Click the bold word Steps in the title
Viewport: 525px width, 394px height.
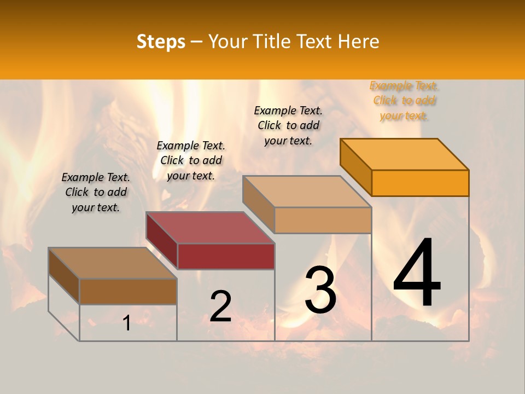click(161, 42)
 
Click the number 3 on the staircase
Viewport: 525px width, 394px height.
click(320, 290)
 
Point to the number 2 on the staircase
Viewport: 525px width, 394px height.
click(220, 306)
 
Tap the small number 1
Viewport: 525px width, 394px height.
click(126, 323)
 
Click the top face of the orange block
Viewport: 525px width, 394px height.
click(405, 154)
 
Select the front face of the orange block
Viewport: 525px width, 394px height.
click(420, 183)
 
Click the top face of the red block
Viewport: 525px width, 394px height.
click(210, 227)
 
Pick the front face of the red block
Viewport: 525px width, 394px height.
click(226, 256)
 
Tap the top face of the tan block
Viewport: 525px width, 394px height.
click(307, 191)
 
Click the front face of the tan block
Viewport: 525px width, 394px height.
click(323, 220)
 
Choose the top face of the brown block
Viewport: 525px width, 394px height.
click(113, 263)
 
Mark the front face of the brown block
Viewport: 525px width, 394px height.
click(128, 291)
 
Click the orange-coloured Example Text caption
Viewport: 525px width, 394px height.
click(404, 101)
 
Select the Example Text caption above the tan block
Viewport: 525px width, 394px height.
click(288, 125)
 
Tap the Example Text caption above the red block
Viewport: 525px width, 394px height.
click(191, 160)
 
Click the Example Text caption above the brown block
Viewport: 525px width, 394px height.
click(96, 192)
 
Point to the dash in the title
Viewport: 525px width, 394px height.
click(197, 42)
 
